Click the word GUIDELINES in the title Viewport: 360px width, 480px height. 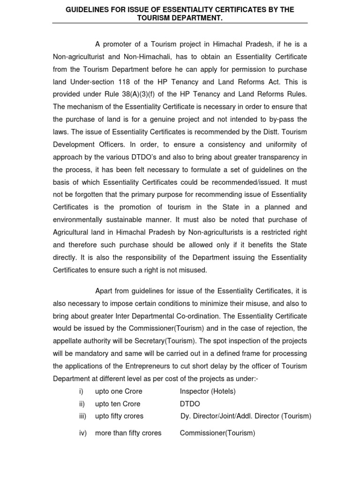click(87, 9)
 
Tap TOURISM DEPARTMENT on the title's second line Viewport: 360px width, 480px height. click(180, 18)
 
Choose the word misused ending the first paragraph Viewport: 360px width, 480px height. click(193, 270)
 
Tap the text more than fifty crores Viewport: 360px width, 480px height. click(128, 433)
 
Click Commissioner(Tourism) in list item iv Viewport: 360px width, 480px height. click(217, 433)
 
